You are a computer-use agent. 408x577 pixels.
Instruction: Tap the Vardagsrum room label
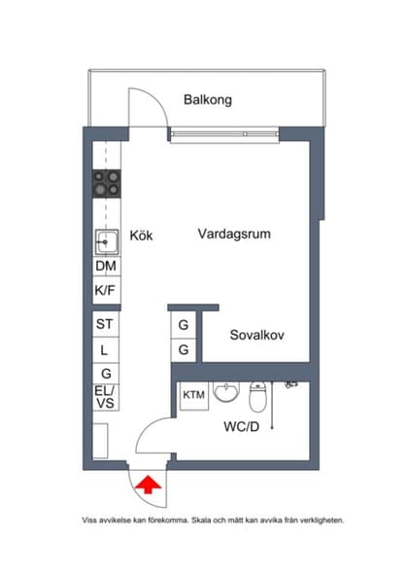click(233, 234)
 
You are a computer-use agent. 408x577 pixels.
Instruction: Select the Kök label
click(142, 234)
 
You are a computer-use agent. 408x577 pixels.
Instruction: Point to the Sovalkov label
click(256, 336)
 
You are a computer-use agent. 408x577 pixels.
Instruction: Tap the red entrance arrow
click(150, 485)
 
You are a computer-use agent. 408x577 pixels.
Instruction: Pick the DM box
click(106, 266)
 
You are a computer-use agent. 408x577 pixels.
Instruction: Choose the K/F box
click(106, 290)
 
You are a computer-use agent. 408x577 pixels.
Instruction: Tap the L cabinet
click(106, 348)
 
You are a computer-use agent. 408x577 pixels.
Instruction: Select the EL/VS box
click(106, 397)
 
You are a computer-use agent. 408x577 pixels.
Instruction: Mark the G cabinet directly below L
click(106, 373)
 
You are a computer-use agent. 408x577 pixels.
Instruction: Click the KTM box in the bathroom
click(193, 395)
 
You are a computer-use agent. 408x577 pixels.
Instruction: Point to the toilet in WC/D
click(258, 397)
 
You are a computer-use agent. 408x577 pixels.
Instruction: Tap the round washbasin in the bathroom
click(225, 393)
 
